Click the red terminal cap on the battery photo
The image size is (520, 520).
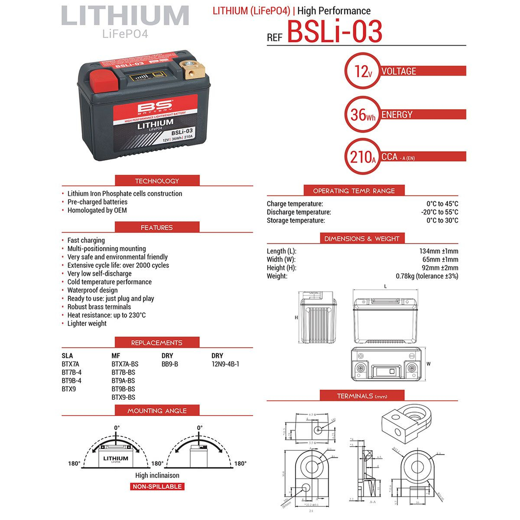104,78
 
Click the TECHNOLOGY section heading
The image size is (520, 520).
157,181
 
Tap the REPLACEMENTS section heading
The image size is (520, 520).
157,343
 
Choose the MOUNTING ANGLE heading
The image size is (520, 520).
157,411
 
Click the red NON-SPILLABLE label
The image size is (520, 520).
157,486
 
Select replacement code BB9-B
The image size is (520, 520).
170,364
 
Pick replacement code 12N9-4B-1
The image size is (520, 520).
225,364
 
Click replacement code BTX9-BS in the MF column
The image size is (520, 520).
123,397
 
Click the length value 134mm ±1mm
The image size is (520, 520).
439,251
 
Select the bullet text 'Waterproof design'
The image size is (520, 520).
92,290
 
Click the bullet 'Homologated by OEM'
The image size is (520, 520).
97,210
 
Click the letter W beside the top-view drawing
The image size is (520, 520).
428,364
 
